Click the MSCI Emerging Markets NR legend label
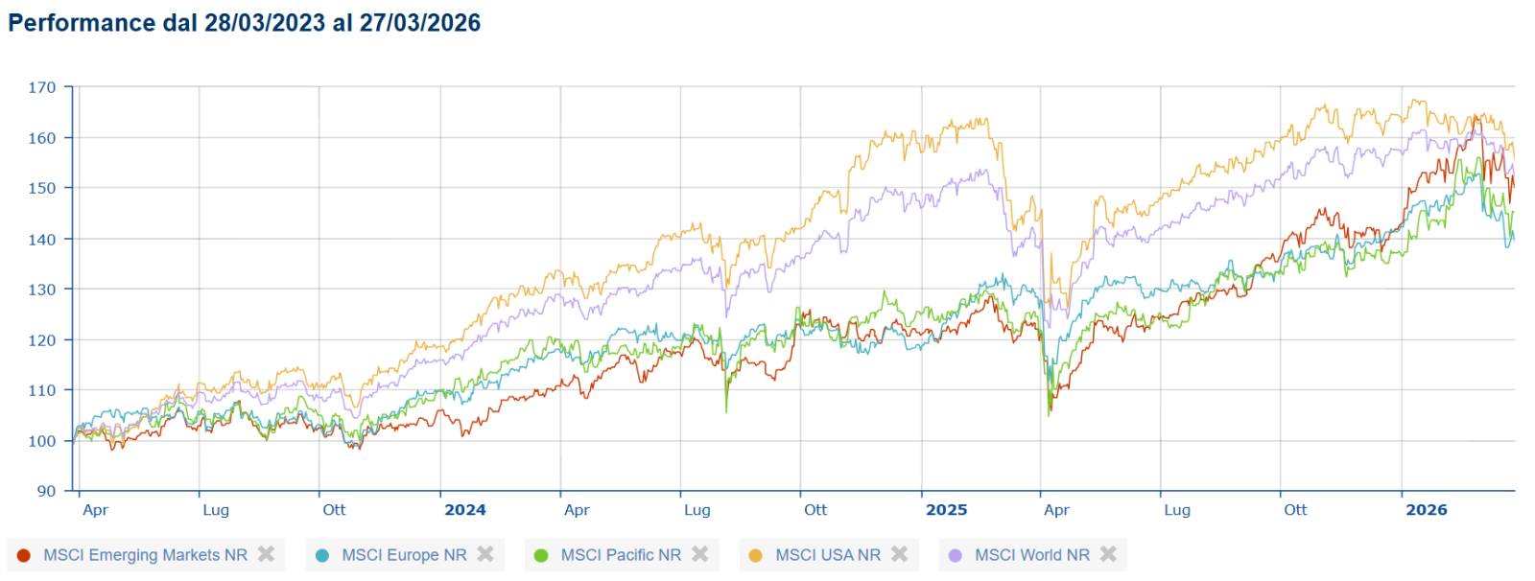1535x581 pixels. [x=145, y=555]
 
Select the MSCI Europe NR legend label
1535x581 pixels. [x=404, y=555]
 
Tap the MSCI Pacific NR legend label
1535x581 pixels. [x=621, y=555]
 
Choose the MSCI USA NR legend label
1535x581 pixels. [x=828, y=555]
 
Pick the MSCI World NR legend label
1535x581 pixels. [x=1032, y=555]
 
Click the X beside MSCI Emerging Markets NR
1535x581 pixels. [x=267, y=554]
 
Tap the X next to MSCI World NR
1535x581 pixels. [x=1108, y=554]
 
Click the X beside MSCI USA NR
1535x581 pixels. [x=899, y=554]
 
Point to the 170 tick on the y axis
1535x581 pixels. [x=41, y=87]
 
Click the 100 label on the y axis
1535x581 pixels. [x=41, y=441]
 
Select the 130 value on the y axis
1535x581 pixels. [x=41, y=290]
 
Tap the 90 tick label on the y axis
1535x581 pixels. [x=46, y=491]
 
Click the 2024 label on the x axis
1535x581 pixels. [x=465, y=510]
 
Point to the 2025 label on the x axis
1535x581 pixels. [x=946, y=510]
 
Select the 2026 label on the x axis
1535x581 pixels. [x=1427, y=510]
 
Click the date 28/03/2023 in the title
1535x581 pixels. [x=265, y=23]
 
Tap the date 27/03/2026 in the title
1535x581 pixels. [x=420, y=23]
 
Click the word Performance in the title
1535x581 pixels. [x=82, y=23]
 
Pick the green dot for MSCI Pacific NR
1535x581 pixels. [x=541, y=555]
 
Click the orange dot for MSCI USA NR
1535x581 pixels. [x=755, y=555]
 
